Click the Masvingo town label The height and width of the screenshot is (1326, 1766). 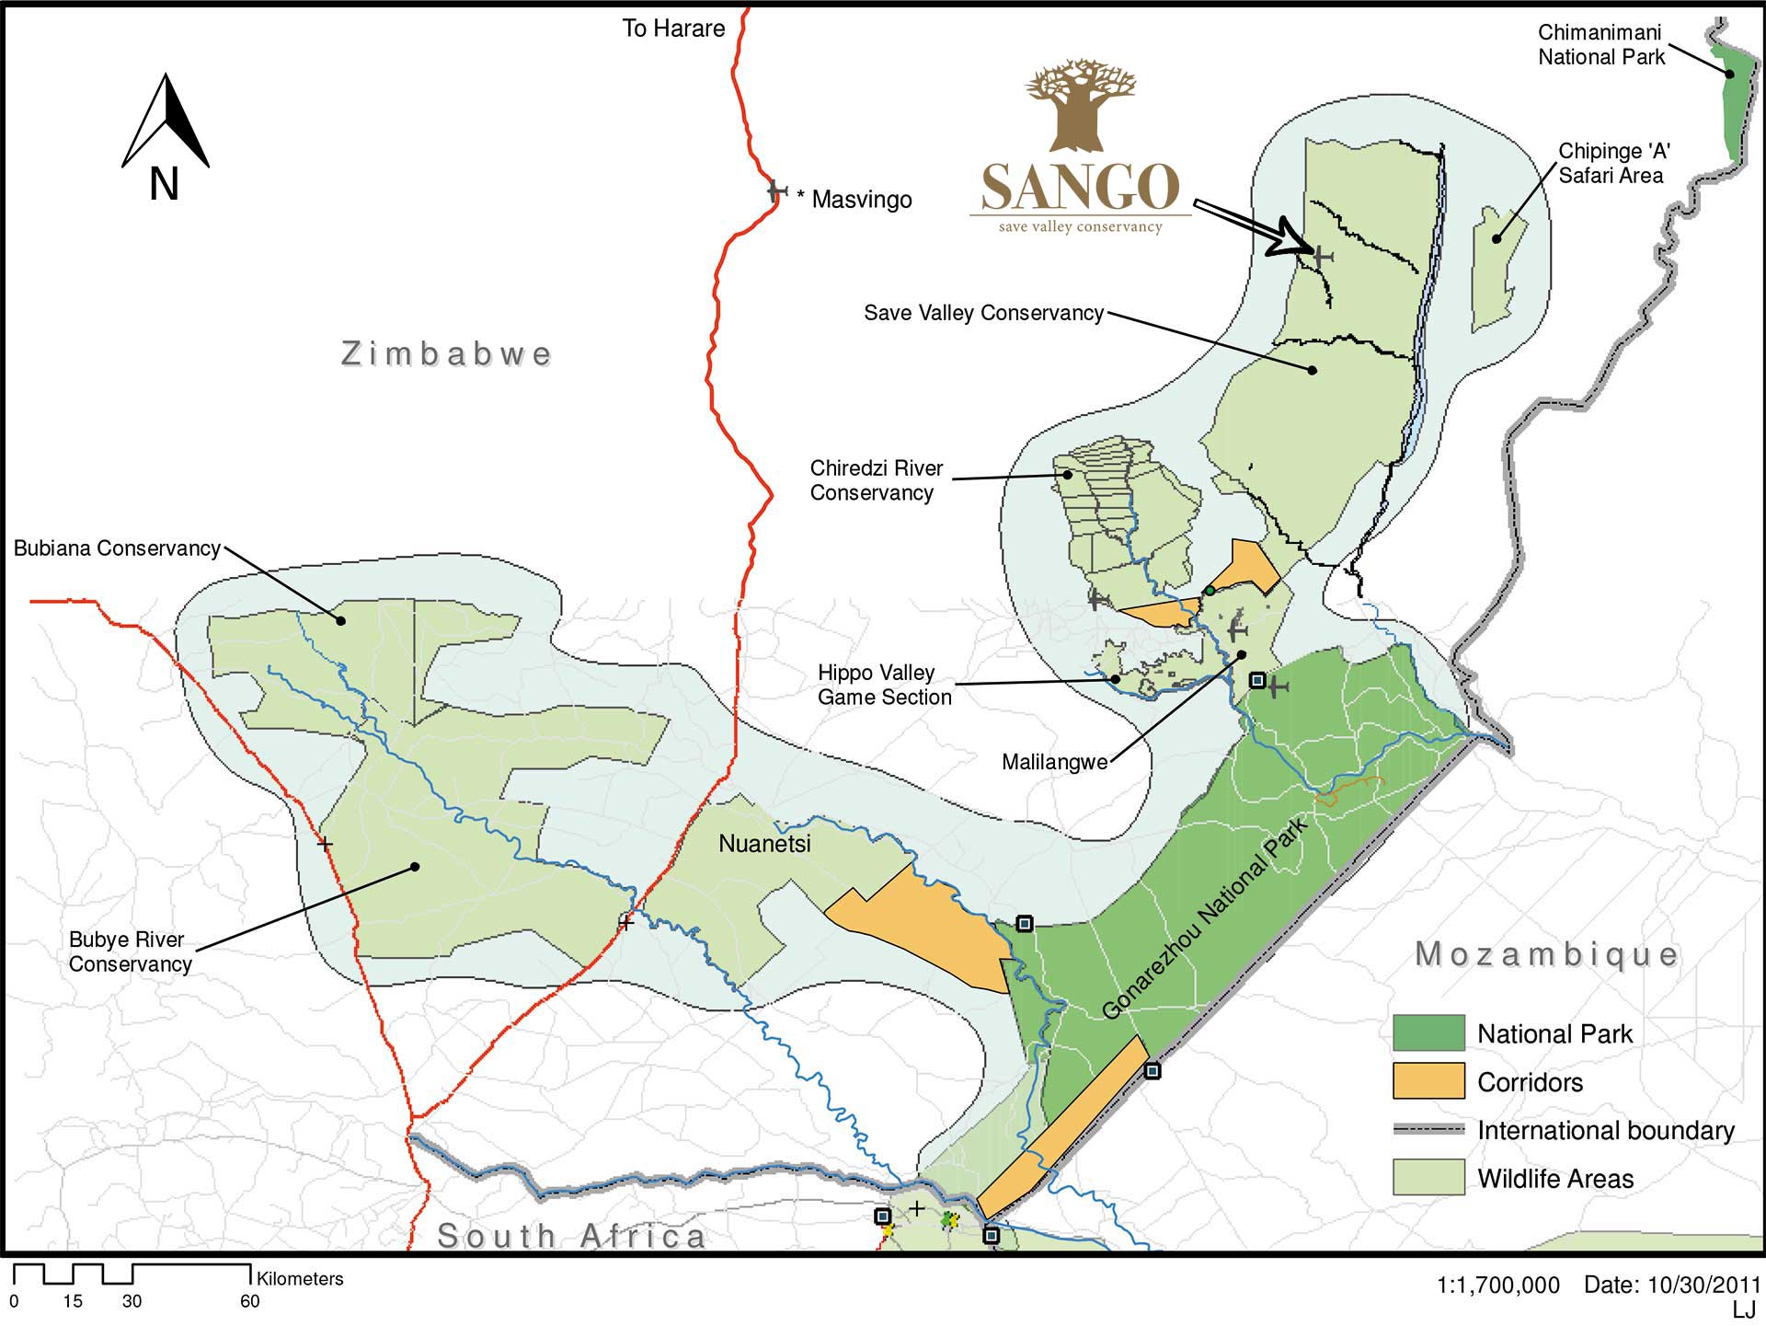861,200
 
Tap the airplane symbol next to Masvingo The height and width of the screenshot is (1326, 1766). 777,191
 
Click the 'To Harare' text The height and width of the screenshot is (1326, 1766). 673,29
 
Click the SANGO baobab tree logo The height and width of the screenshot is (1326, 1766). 1080,107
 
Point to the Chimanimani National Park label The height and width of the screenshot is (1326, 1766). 1601,45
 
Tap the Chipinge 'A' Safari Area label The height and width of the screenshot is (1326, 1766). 1613,163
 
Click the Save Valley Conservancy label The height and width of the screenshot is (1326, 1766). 983,313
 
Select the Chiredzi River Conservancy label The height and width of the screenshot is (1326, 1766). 875,480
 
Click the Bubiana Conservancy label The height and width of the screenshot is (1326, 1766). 117,548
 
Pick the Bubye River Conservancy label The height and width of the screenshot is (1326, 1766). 130,951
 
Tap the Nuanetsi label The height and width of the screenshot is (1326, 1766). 764,844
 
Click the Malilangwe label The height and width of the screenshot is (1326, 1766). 1054,762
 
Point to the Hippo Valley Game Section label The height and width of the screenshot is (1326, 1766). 883,685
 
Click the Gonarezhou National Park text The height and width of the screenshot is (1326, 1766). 1205,918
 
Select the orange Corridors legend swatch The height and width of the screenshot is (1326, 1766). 1428,1081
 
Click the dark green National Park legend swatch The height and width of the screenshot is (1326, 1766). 1428,1032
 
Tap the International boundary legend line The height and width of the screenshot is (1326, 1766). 1428,1129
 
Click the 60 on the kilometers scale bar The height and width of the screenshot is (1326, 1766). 249,1301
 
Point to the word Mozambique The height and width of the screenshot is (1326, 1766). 1546,954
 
